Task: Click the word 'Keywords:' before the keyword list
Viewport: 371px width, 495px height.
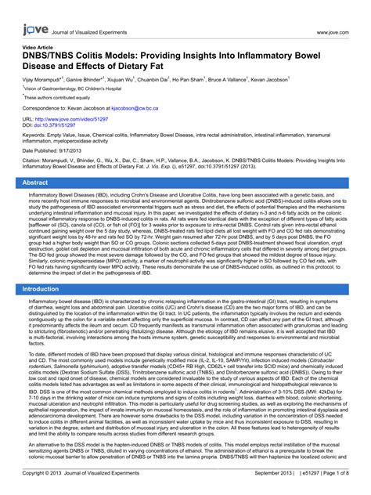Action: coord(36,134)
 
